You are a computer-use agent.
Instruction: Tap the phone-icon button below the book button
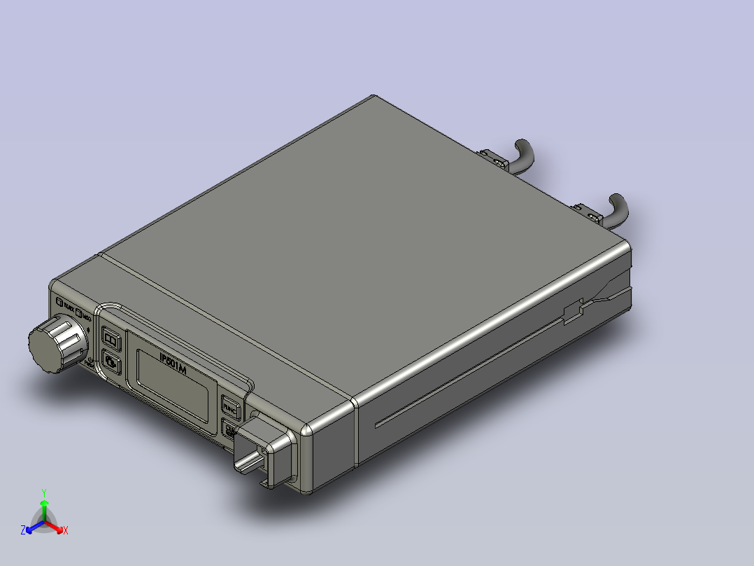click(x=112, y=363)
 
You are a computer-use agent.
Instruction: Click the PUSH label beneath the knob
click(x=90, y=362)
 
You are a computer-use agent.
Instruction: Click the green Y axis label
click(x=44, y=492)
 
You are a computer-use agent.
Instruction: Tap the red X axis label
click(x=66, y=531)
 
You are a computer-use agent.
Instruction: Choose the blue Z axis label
click(x=23, y=531)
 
